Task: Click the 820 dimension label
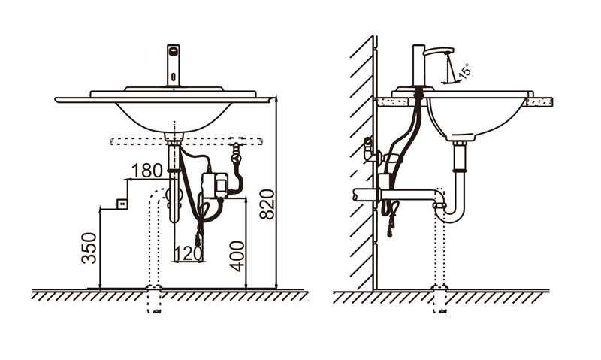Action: point(267,204)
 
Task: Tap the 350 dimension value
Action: point(89,248)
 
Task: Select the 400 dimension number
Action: point(237,256)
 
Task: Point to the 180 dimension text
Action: point(146,171)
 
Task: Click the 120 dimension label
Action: point(188,253)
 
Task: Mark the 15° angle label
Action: point(464,71)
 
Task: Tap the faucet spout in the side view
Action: point(439,52)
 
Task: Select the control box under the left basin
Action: point(215,186)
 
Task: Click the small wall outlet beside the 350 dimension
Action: point(122,204)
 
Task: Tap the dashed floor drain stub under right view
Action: point(439,299)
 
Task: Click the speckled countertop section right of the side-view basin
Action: point(539,101)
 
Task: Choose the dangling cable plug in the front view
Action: point(199,238)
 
